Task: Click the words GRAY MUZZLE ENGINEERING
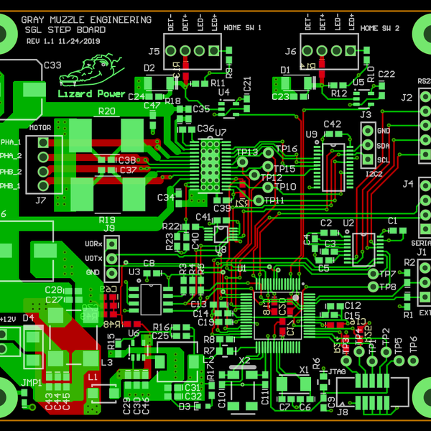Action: point(88,20)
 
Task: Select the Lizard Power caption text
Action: point(91,93)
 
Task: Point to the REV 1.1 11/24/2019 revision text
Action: point(64,42)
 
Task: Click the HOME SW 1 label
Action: point(243,28)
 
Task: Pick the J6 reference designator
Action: point(290,52)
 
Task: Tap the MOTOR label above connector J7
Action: point(40,129)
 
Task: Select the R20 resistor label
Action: point(106,111)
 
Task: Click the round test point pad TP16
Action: point(269,152)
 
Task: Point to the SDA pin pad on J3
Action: point(368,144)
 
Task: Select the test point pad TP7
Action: point(372,274)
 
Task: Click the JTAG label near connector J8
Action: point(338,371)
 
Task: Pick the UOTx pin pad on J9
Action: point(112,258)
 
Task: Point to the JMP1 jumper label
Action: point(32,384)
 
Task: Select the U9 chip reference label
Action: point(311,134)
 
